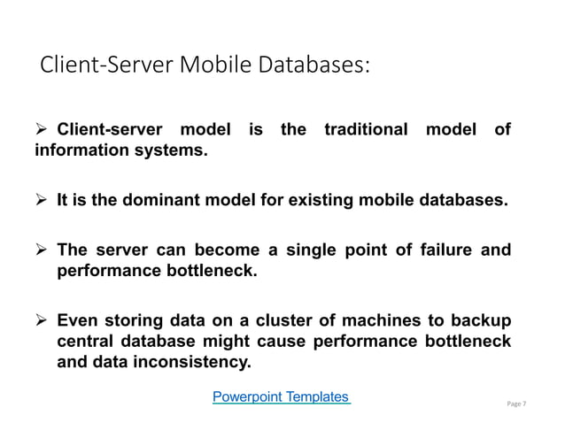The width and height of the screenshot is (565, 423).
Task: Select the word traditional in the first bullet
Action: click(366, 130)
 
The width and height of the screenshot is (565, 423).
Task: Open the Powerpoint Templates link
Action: click(282, 396)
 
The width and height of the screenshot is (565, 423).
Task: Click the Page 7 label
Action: click(516, 404)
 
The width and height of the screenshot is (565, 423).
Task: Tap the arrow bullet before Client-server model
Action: click(42, 130)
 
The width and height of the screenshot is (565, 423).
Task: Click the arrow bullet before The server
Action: click(42, 250)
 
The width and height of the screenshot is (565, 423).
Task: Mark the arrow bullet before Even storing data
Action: click(42, 319)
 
